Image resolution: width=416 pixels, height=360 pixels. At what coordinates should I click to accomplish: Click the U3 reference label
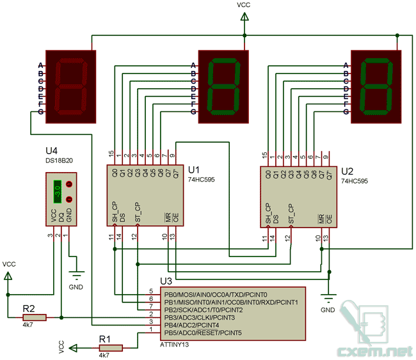click(166, 281)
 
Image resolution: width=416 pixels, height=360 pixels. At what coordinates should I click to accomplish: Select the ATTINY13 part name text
click(174, 345)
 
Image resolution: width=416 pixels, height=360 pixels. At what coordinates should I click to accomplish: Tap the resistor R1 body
click(111, 348)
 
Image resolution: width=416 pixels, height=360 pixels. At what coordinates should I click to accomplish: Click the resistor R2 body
click(35, 317)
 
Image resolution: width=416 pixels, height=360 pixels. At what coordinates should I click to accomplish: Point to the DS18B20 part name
click(59, 160)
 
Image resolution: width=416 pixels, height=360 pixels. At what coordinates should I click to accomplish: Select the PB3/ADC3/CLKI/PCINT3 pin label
click(200, 318)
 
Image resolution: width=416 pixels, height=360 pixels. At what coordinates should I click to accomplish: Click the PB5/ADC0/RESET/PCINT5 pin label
click(203, 333)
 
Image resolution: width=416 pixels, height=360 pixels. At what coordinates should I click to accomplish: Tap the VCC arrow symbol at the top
click(244, 17)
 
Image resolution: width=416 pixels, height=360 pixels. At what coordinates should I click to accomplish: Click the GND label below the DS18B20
click(76, 287)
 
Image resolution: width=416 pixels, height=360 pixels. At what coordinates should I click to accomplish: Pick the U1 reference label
click(194, 169)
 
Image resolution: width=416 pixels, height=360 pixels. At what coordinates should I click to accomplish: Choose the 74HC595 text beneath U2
click(355, 181)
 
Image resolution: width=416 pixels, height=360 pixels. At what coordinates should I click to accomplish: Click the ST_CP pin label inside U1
click(138, 212)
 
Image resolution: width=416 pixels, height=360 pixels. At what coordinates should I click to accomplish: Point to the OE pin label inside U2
click(329, 219)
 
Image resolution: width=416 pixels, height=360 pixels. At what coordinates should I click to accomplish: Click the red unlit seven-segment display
click(71, 87)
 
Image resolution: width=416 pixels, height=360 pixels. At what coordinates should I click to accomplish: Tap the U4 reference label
click(51, 150)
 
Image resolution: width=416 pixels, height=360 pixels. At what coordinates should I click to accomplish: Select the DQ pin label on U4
click(61, 217)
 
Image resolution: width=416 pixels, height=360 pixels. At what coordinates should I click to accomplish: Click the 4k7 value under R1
click(104, 356)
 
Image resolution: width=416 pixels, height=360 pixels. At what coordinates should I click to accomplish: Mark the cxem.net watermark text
click(375, 352)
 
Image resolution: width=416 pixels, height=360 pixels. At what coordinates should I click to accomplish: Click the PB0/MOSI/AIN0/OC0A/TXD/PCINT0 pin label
click(216, 295)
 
